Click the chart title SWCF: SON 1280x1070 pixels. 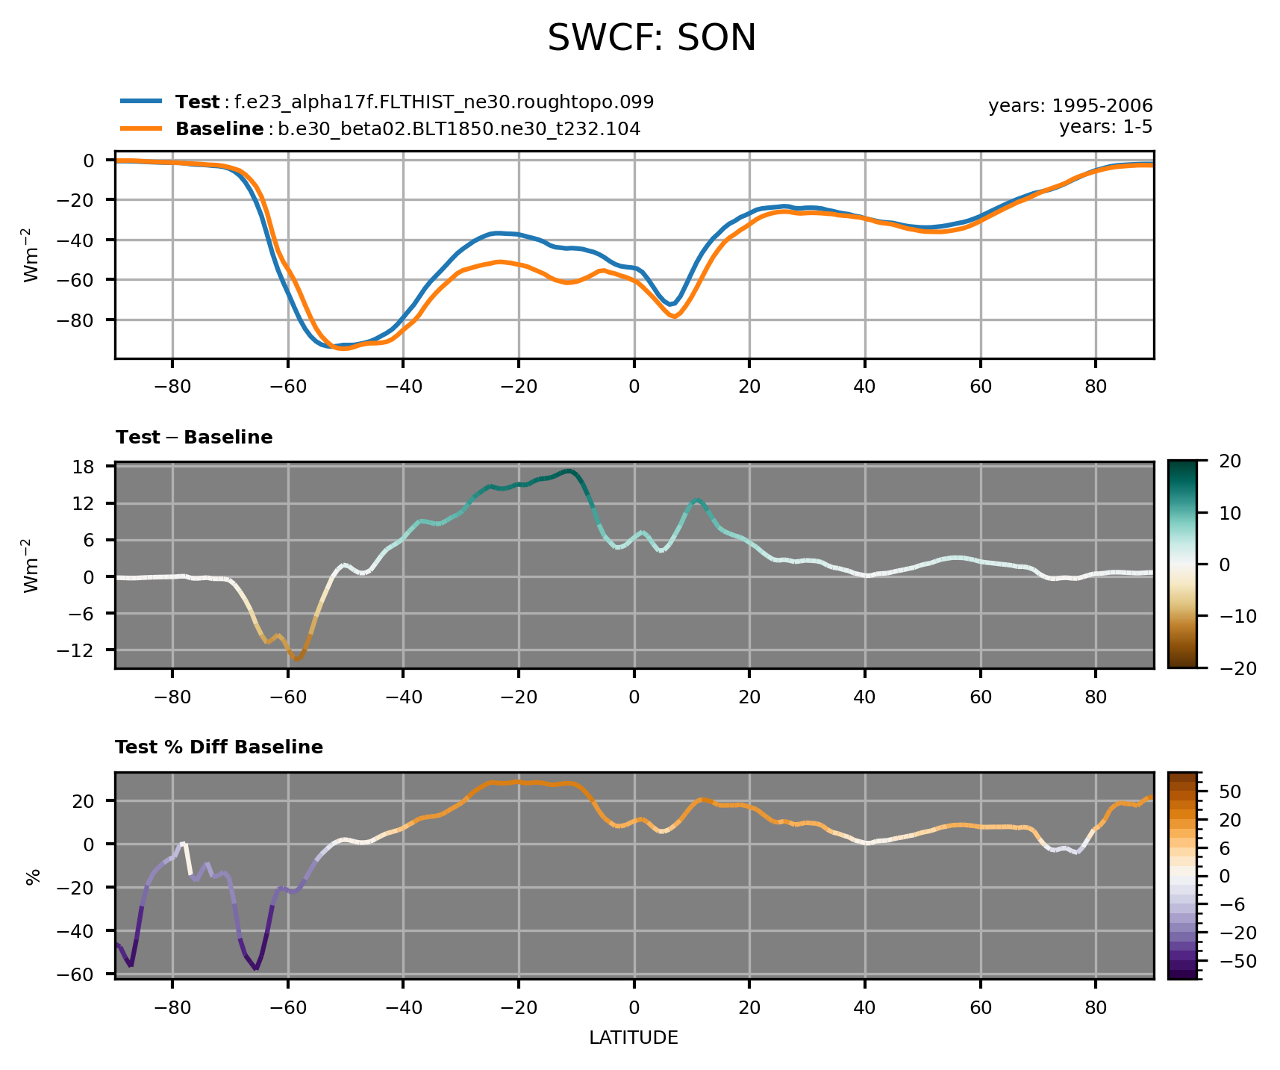pyautogui.click(x=652, y=38)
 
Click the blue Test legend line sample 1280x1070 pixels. pyautogui.click(x=140, y=101)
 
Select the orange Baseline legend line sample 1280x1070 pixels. pyautogui.click(x=140, y=128)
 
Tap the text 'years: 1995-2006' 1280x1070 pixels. pyautogui.click(x=1070, y=106)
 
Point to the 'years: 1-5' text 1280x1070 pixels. pyautogui.click(x=1105, y=127)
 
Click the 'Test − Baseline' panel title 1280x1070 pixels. pyautogui.click(x=194, y=438)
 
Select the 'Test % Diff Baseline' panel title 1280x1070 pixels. pyautogui.click(x=219, y=747)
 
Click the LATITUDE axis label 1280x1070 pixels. pyautogui.click(x=634, y=1038)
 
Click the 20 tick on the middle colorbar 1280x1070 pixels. pyautogui.click(x=1230, y=461)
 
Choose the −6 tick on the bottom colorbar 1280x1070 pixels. pyautogui.click(x=1231, y=904)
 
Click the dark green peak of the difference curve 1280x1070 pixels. pyautogui.click(x=569, y=471)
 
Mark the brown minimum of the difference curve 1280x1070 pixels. pyautogui.click(x=297, y=659)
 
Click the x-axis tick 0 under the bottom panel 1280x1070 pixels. pyautogui.click(x=634, y=1007)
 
